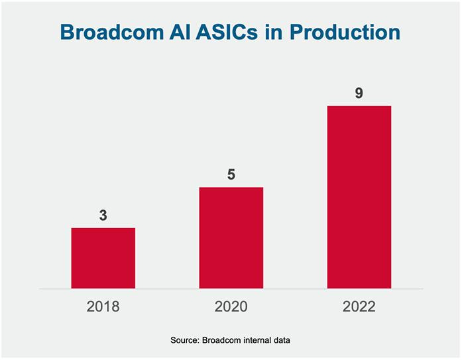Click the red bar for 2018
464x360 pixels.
[x=103, y=258]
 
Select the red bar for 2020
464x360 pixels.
[x=231, y=238]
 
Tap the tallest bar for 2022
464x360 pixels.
[x=359, y=197]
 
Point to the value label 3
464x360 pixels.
[x=103, y=215]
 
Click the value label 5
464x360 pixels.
[x=231, y=174]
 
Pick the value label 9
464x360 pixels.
[x=359, y=93]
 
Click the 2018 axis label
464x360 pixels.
[x=103, y=306]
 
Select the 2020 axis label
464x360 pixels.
[x=231, y=306]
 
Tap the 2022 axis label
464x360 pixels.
[x=359, y=306]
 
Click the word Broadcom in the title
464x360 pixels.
[x=112, y=32]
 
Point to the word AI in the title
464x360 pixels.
[x=180, y=32]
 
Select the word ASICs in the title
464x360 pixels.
[x=227, y=32]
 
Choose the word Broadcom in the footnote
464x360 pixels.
[x=221, y=340]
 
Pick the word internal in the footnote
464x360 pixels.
[x=257, y=340]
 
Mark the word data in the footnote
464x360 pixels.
[x=281, y=340]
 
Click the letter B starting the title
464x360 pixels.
[x=67, y=32]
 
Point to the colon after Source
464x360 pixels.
[x=198, y=341]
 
